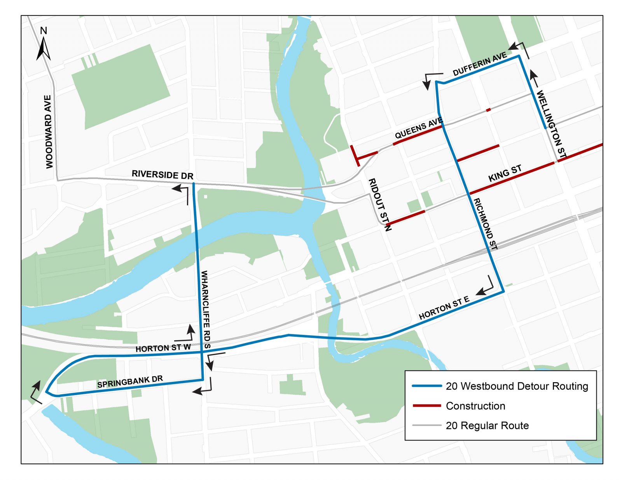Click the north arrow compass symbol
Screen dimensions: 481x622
pos(44,45)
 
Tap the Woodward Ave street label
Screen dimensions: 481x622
pos(48,131)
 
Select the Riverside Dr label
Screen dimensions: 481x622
pos(162,175)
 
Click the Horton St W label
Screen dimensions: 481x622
pos(163,348)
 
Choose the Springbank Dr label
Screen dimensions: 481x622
pos(130,381)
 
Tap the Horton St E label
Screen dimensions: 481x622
pos(444,308)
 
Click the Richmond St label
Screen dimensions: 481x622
pos(485,224)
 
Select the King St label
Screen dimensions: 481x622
pos(505,173)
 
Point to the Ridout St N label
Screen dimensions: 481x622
pos(379,205)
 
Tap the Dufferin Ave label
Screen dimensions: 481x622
pos(480,64)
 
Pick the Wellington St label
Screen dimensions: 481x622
pos(551,124)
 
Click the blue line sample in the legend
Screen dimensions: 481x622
pos(426,386)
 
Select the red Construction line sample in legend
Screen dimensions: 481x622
pos(426,406)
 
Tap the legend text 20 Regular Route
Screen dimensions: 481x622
pos(487,425)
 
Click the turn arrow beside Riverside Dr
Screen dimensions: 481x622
pos(182,192)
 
